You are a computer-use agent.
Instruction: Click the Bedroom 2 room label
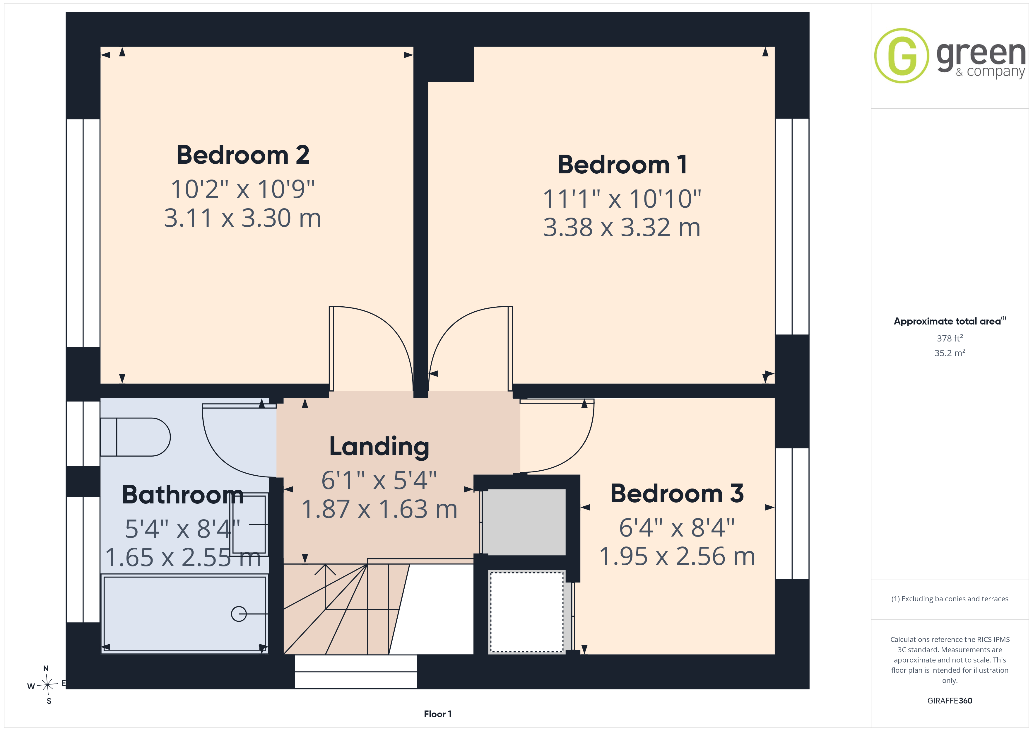coord(243,155)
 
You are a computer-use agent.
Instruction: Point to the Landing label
coord(379,447)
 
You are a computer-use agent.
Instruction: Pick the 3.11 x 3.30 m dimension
coord(242,218)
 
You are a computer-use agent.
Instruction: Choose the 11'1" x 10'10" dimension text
coord(622,199)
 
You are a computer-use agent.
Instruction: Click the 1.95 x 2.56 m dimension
coord(677,556)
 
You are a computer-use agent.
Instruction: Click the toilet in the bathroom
coord(135,437)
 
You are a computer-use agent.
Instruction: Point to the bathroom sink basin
coord(249,525)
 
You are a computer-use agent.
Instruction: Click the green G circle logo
coord(902,56)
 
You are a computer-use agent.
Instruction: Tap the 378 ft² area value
coord(950,338)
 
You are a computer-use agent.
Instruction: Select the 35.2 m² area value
coord(950,353)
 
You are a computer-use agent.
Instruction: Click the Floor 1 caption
coord(438,714)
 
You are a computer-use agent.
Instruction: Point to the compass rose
coord(47,685)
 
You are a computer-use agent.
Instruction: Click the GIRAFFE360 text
coord(950,701)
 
